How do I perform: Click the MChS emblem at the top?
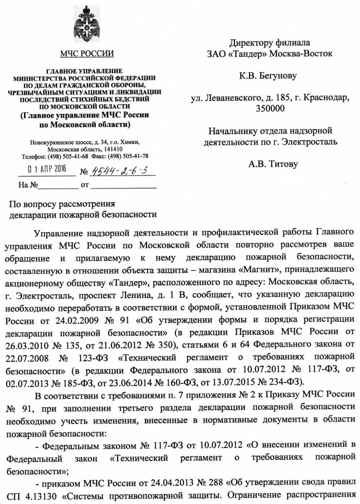pyautogui.click(x=87, y=25)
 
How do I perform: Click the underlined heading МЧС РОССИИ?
pyautogui.click(x=87, y=53)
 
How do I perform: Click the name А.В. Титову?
pyautogui.click(x=273, y=164)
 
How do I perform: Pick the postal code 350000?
pyautogui.click(x=270, y=109)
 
